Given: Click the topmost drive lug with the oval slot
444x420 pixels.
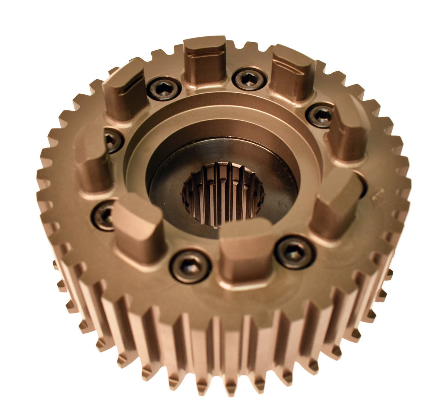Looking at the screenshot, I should pyautogui.click(x=205, y=59).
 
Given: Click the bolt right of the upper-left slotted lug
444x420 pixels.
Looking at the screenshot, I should pyautogui.click(x=164, y=89).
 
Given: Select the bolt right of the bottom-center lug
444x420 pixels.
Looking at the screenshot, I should pyautogui.click(x=295, y=252).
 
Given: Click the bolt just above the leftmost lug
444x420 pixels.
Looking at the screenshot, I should pyautogui.click(x=113, y=141).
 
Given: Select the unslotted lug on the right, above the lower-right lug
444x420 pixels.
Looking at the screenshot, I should pyautogui.click(x=348, y=130).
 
